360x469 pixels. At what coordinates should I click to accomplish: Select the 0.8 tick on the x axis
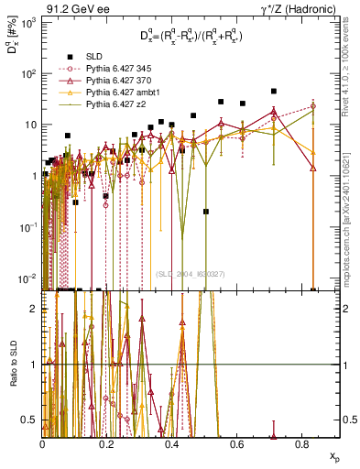coord(303,443)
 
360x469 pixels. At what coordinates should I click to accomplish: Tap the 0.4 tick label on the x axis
coord(173,443)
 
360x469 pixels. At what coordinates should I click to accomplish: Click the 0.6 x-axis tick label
coord(238,443)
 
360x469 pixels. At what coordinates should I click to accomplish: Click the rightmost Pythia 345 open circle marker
coord(313,106)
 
